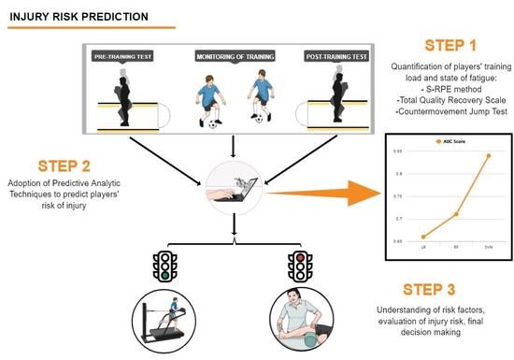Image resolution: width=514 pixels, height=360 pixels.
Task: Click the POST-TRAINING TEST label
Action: (x=336, y=58)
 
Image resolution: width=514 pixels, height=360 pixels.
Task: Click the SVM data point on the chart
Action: (x=488, y=155)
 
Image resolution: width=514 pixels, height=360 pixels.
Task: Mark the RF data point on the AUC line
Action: (x=455, y=214)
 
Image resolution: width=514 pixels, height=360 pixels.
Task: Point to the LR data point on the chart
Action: (x=423, y=237)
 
